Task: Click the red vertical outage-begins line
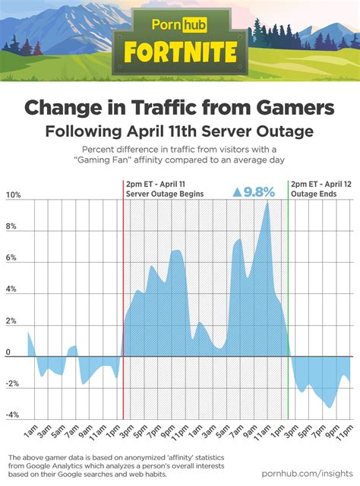tap(123, 304)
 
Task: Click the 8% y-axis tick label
tap(11, 227)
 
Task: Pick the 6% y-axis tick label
tap(11, 258)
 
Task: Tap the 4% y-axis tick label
tap(11, 290)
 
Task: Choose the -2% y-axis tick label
tap(12, 384)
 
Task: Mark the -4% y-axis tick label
tap(12, 415)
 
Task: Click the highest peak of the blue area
tap(267, 201)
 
